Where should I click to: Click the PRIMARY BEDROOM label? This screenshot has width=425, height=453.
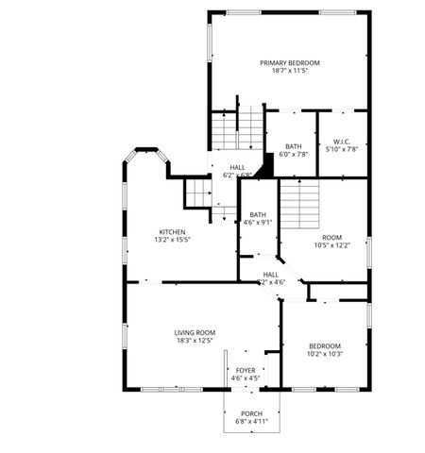point(290,62)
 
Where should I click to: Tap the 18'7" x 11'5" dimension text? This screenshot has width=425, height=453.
point(290,71)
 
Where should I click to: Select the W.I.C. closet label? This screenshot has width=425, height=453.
point(342,142)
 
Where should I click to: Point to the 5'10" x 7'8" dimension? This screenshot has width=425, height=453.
point(342,149)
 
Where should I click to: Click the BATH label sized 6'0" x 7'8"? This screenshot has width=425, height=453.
point(294,146)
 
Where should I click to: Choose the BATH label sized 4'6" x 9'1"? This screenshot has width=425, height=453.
point(258,214)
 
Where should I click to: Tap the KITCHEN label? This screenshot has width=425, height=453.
point(172,232)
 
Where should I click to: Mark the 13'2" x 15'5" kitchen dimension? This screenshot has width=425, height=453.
point(172,241)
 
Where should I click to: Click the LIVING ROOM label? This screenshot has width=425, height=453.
point(195,332)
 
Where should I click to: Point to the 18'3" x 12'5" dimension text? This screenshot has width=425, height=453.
point(195,341)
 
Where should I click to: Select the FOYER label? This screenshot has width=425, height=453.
point(246,370)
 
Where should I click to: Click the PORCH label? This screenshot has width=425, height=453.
point(251,413)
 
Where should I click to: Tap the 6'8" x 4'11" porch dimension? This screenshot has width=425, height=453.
point(251,422)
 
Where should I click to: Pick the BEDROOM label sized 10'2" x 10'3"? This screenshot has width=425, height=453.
point(325,345)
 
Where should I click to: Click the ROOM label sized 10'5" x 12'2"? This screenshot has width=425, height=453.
point(331,237)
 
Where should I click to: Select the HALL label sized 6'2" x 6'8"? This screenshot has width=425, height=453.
point(237,167)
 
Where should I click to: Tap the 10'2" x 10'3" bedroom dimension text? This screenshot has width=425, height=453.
point(325,354)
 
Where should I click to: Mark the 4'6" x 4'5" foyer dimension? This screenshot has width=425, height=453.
point(246,378)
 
